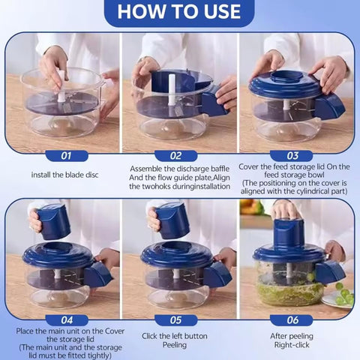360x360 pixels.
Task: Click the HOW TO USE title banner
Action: coord(179,11)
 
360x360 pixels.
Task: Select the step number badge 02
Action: coord(176,156)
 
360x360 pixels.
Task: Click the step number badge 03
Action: coord(294,156)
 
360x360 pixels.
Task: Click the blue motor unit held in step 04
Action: coord(53,220)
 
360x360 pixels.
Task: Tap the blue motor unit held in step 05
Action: coord(172,220)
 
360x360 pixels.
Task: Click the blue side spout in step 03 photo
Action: coord(329,106)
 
